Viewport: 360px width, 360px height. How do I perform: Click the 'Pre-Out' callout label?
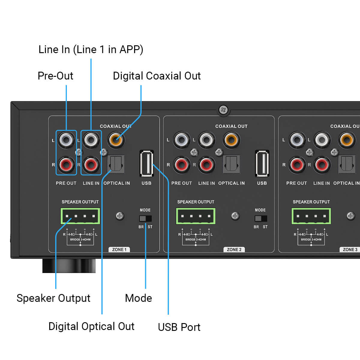click(55, 76)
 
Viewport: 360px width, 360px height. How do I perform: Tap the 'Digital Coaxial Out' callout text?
click(157, 76)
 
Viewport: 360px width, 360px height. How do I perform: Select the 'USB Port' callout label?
click(179, 327)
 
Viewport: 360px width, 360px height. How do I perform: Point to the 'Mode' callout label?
click(138, 298)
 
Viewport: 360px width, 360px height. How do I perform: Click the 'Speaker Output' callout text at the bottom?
click(53, 298)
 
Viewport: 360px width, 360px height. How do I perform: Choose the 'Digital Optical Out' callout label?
click(91, 326)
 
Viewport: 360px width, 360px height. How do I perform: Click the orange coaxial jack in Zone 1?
click(116, 139)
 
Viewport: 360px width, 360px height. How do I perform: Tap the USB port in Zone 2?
click(262, 163)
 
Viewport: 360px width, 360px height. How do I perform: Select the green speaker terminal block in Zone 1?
click(80, 216)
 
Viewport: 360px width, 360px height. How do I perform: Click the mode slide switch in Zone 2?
click(260, 218)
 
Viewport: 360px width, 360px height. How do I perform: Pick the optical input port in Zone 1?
click(116, 164)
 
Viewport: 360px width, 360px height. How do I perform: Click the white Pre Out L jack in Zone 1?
click(66, 139)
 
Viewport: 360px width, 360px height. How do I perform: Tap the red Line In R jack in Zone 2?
click(206, 164)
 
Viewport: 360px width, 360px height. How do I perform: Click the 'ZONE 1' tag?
click(119, 250)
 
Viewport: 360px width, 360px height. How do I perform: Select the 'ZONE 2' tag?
click(234, 250)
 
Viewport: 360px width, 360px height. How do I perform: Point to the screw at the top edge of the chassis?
click(223, 110)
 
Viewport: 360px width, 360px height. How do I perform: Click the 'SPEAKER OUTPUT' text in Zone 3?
click(311, 202)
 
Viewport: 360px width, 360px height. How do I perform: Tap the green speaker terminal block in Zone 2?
click(196, 216)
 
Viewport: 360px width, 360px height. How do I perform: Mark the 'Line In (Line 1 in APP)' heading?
click(91, 49)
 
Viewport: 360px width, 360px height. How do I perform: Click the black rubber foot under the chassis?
click(69, 265)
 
